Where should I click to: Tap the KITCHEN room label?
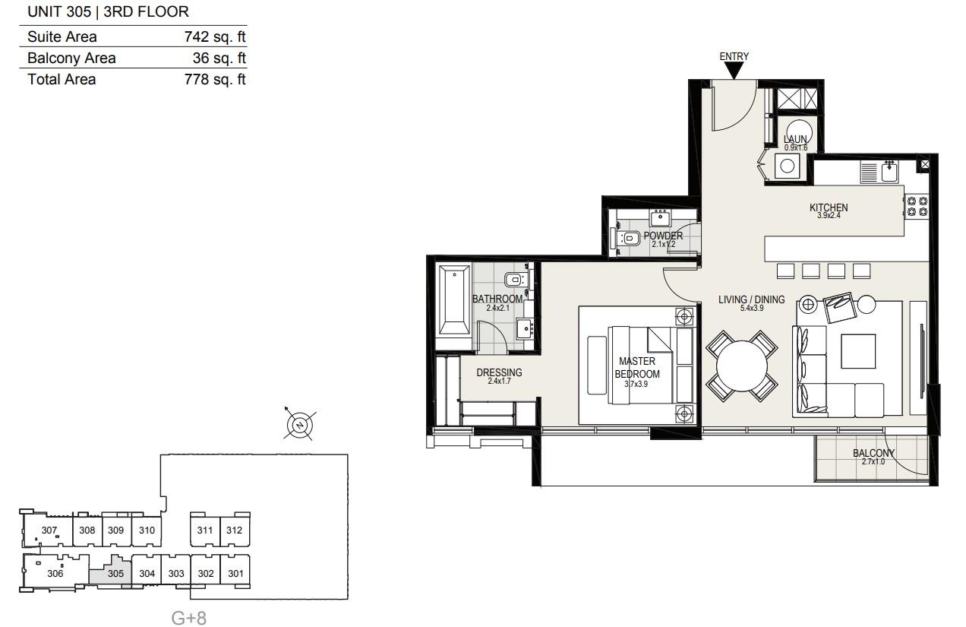click(829, 207)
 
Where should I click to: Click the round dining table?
click(742, 366)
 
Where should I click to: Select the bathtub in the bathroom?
click(454, 299)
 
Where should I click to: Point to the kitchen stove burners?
click(917, 206)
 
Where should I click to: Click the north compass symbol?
click(300, 425)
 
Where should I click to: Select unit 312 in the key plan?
click(235, 530)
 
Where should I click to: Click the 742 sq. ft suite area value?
click(215, 36)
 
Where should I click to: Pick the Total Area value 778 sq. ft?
click(215, 79)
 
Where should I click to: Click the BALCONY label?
click(873, 453)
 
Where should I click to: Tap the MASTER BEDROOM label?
click(637, 368)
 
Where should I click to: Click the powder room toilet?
click(630, 238)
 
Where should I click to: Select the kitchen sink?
click(889, 171)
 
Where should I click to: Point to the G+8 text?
click(189, 618)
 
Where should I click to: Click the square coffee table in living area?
click(858, 351)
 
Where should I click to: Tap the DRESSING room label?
click(499, 372)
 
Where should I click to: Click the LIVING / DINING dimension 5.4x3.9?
click(752, 308)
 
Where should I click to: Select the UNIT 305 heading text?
click(59, 11)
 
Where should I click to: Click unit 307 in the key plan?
click(49, 530)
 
